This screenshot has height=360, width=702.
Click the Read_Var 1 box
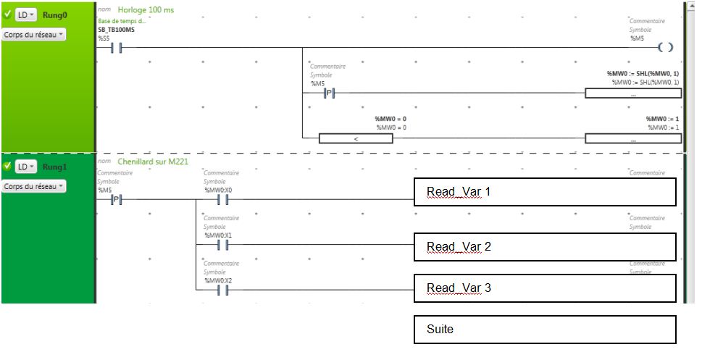[x=544, y=192]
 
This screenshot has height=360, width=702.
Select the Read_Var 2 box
[x=544, y=247]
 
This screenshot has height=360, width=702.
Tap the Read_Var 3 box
[x=544, y=288]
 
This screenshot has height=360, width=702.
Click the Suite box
[x=544, y=330]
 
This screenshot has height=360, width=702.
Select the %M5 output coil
[x=666, y=48]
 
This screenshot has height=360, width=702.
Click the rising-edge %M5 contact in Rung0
[x=328, y=93]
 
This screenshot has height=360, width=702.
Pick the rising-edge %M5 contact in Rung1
[x=115, y=201]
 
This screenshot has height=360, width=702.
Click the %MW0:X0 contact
[x=223, y=201]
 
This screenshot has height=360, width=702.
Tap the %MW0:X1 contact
[x=223, y=246]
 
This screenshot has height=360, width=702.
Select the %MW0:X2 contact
[x=223, y=290]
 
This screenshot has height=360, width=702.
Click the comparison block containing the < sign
[x=356, y=138]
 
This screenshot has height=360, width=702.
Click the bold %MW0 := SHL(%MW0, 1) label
[x=643, y=74]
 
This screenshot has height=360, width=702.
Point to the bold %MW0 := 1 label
[x=662, y=119]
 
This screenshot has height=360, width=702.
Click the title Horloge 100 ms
[x=146, y=10]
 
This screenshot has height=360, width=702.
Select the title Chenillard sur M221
[x=153, y=162]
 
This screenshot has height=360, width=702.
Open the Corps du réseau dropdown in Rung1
[x=34, y=186]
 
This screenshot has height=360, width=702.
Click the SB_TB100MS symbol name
[x=116, y=30]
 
